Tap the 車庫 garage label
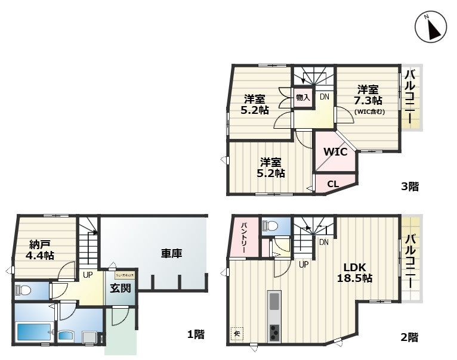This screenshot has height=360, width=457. point(171,253)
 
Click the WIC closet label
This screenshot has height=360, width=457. point(335,151)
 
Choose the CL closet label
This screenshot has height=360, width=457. point(333,184)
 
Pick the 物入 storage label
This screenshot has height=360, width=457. point(302,97)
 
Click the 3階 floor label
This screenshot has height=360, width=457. point(409,187)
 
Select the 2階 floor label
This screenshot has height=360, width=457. point(409,337)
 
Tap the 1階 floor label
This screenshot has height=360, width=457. point(196,334)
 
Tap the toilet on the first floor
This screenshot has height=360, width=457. point(24,290)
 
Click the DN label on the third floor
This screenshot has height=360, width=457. point(324,97)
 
